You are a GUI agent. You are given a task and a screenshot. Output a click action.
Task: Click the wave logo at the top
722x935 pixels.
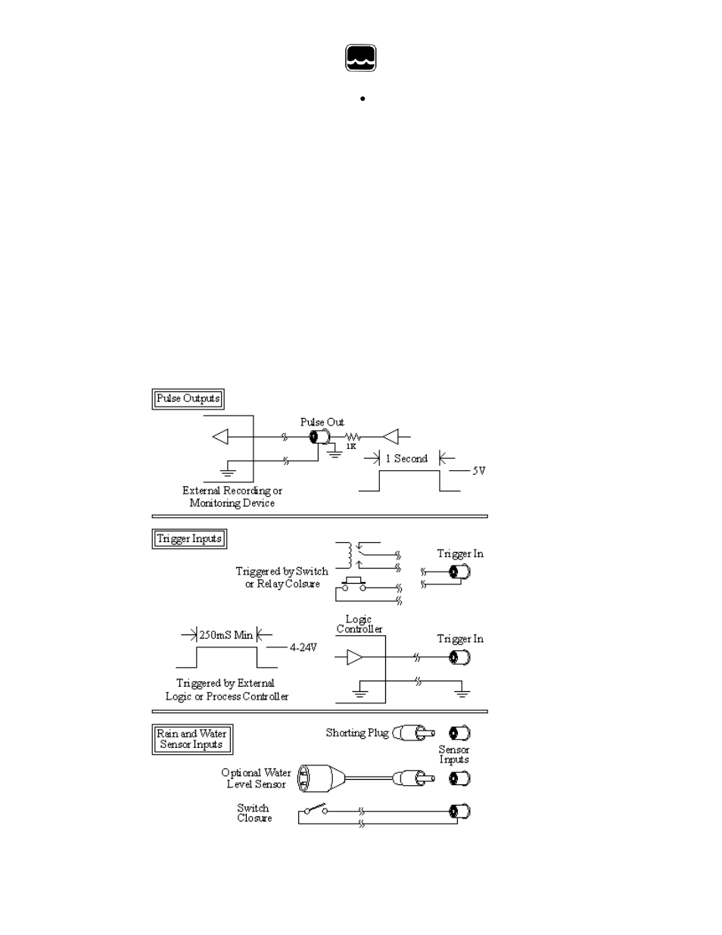(361, 58)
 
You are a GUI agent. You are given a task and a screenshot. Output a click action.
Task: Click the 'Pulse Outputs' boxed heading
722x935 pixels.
(188, 399)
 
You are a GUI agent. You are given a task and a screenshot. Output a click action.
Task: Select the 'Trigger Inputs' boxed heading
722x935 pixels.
(189, 539)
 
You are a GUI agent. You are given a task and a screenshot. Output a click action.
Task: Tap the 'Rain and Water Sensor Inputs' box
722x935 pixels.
(192, 739)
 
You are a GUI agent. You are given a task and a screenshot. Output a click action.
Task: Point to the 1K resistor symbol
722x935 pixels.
(352, 437)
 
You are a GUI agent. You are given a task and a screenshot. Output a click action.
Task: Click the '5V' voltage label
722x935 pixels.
(479, 471)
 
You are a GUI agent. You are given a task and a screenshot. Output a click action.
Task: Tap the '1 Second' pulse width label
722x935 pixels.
(406, 459)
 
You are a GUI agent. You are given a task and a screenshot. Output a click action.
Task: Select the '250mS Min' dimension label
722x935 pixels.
(226, 635)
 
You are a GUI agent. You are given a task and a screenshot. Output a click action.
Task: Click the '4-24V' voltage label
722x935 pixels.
(303, 647)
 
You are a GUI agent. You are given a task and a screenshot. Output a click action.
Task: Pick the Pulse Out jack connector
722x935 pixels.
(319, 437)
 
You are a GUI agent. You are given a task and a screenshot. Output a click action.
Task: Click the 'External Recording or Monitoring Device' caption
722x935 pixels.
(232, 497)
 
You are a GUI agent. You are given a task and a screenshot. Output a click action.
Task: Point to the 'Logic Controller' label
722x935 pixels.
(359, 625)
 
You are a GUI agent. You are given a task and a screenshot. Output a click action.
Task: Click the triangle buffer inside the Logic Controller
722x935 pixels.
(355, 657)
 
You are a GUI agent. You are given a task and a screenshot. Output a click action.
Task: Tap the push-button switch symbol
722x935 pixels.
(353, 584)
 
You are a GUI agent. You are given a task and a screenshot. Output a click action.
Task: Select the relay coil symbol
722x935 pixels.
(347, 556)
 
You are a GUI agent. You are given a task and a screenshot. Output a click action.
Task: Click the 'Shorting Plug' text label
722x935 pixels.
(357, 733)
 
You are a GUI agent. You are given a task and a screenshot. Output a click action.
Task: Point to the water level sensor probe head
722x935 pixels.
(321, 778)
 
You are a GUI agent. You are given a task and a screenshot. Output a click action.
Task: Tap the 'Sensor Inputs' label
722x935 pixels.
(453, 755)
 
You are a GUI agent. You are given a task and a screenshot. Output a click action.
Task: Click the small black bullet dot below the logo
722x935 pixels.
(363, 98)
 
